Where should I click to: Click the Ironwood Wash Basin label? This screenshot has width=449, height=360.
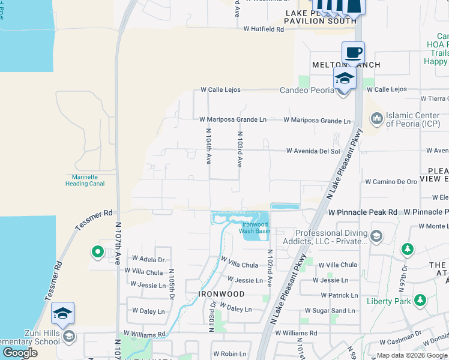(x=255, y=227)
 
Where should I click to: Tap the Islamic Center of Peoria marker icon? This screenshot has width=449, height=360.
(x=376, y=118)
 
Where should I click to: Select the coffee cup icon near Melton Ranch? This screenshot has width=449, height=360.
(x=353, y=52)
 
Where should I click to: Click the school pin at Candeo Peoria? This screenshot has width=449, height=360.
(x=345, y=78)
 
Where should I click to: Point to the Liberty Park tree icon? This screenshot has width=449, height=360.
(x=420, y=299)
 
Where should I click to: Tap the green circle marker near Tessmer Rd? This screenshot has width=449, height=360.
(x=97, y=253)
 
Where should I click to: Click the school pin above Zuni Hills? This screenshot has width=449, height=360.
(x=62, y=313)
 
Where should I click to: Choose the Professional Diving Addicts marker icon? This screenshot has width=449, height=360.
(x=376, y=236)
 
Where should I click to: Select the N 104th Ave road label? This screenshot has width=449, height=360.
(x=209, y=146)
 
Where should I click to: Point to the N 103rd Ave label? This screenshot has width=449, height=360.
(x=240, y=149)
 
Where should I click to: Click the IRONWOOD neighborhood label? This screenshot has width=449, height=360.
(x=221, y=294)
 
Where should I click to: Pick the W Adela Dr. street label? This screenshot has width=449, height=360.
(x=145, y=260)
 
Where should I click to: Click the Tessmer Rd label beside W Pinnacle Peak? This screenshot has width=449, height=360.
(x=94, y=220)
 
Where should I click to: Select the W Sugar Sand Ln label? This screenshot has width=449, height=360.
(x=334, y=310)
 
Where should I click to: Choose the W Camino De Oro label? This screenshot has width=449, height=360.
(x=391, y=181)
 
